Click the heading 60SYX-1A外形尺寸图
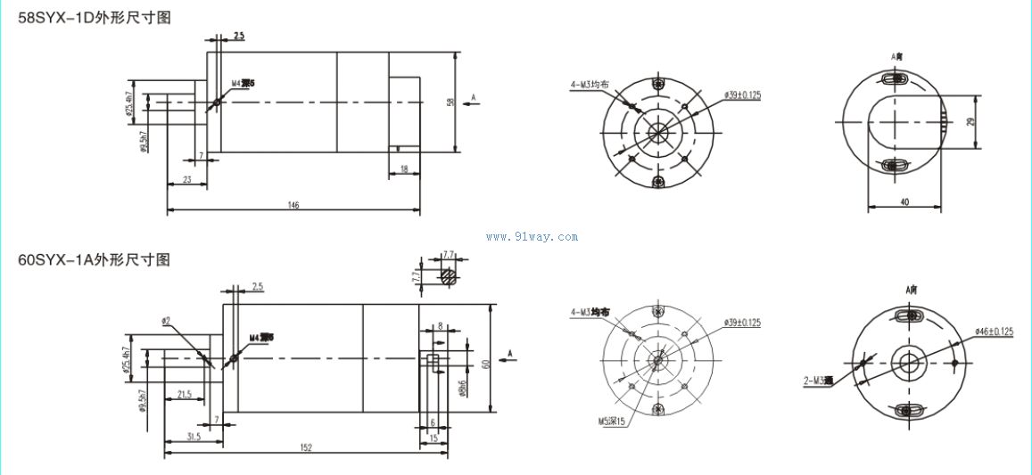94,260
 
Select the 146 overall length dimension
293,206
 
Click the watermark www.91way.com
532,237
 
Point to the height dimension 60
486,363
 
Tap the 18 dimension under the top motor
404,168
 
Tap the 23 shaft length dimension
186,179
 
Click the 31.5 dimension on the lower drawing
193,437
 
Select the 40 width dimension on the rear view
904,202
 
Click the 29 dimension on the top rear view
970,121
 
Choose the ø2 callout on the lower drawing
166,320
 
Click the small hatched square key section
449,276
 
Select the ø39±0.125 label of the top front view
743,94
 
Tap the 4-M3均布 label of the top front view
590,86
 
